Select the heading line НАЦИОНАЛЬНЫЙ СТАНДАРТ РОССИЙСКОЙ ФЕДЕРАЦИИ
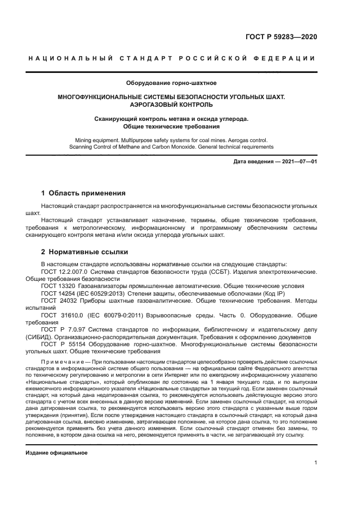click(172, 58)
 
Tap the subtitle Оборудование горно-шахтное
click(172, 83)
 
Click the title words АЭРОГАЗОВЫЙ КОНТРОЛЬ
click(172, 104)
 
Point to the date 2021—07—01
click(296, 162)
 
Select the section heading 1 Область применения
click(84, 193)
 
